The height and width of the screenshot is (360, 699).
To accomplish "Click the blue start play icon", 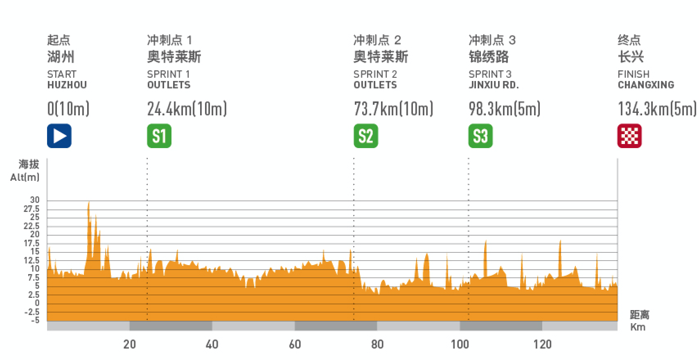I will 59,136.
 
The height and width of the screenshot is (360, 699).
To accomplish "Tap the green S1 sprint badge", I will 159,136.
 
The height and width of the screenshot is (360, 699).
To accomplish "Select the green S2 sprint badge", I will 366,136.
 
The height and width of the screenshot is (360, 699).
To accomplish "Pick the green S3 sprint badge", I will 480,136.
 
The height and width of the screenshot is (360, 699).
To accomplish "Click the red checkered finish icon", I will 629,136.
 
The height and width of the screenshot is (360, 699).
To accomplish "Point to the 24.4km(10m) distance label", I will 187,109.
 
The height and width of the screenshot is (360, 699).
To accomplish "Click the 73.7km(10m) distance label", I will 393,109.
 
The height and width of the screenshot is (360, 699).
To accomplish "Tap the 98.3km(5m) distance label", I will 505,109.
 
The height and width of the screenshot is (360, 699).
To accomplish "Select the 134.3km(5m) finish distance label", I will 657,109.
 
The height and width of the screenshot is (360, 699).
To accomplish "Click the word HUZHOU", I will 67,85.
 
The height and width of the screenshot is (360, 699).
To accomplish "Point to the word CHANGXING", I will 646,85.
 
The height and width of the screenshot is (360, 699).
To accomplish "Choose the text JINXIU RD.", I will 494,85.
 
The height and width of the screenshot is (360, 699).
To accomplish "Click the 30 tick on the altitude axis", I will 35,200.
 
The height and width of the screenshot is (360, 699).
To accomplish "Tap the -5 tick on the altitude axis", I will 35,320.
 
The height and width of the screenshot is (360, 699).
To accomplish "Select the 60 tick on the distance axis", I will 295,344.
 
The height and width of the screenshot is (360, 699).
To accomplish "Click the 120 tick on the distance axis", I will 542,344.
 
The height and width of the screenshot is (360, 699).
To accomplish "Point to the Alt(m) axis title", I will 25,178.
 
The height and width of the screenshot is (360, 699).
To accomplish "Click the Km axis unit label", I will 638,327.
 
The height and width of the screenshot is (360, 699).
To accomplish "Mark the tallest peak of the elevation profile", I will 88,202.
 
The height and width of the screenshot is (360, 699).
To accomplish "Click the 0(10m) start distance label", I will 68,109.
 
